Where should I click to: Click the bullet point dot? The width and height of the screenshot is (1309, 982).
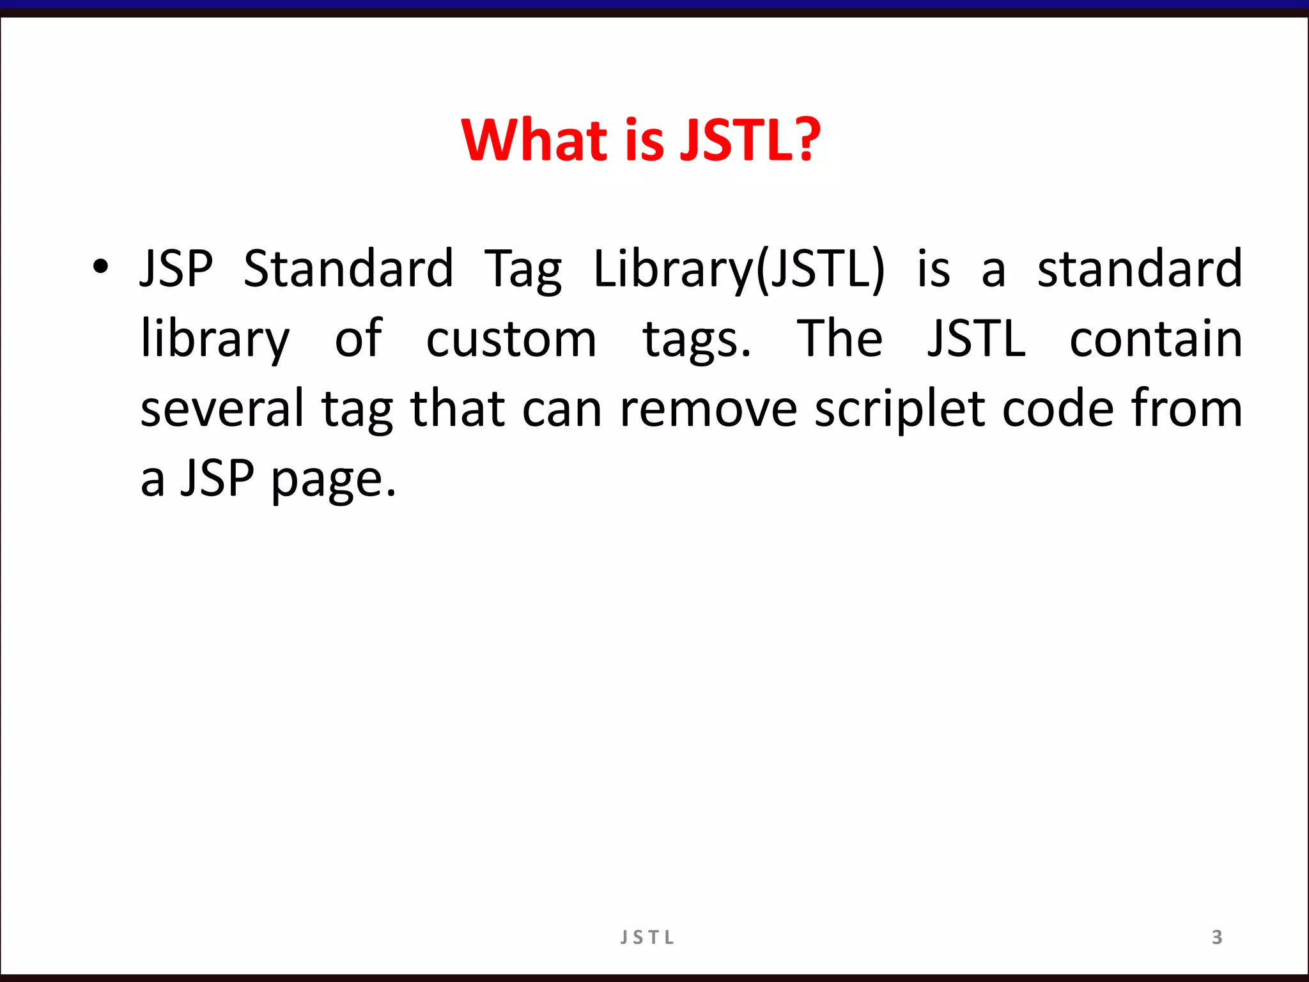click(x=100, y=268)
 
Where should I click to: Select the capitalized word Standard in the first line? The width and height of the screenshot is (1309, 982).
click(x=348, y=269)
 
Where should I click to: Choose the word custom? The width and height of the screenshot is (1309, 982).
click(x=511, y=339)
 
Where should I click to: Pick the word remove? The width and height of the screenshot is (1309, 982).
click(x=708, y=409)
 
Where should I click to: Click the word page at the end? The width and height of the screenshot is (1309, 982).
click(x=333, y=479)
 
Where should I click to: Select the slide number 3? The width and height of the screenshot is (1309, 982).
click(x=1217, y=937)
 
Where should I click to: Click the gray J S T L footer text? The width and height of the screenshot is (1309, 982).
click(x=647, y=938)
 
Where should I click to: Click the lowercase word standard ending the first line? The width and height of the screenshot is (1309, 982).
click(x=1139, y=269)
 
